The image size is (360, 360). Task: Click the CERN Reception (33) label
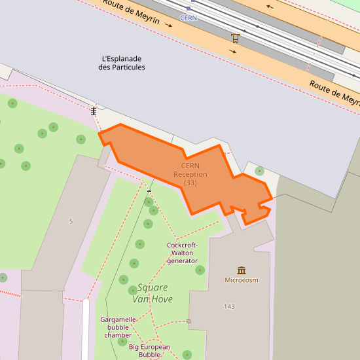coord(190,174)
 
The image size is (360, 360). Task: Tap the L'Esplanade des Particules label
coord(122,63)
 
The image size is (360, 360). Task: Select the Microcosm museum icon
coord(242,270)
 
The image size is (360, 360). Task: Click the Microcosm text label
coord(242,280)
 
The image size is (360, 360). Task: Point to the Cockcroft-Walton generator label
coord(182,253)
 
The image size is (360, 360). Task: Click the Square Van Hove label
coord(152,293)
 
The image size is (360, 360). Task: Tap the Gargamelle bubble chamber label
coord(118,327)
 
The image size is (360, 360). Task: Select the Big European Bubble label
coord(149,351)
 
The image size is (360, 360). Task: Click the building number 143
coord(229,306)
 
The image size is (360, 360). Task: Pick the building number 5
coord(71,221)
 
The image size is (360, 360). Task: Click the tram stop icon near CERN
coord(235,38)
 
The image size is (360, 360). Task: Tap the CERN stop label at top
coord(189,18)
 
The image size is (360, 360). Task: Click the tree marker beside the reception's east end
coord(260,171)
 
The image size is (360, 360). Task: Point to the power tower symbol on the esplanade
coord(94,111)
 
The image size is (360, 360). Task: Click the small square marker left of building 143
coord(189,321)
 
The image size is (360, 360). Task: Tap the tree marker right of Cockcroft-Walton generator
coord(200,270)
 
